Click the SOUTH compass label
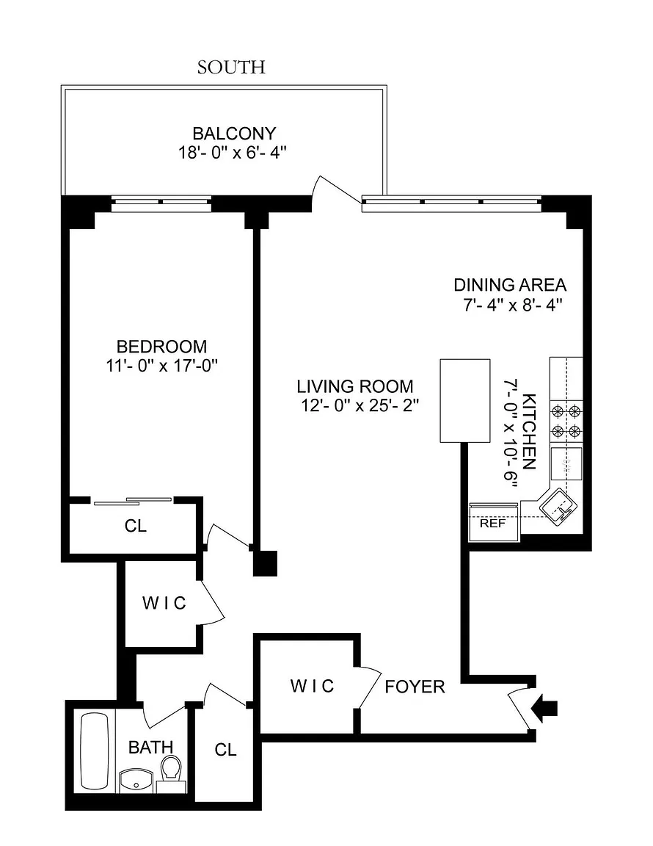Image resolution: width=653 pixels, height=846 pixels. coord(231,68)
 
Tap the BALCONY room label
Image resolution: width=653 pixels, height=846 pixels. coord(234,133)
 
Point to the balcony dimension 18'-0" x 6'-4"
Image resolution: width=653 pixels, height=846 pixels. coord(232,153)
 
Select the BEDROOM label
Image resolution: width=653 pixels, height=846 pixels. coord(161,346)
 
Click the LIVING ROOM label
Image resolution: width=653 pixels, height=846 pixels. coord(355,386)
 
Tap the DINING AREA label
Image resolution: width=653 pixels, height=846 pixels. coord(510,284)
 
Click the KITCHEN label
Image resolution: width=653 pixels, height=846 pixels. coord(530,432)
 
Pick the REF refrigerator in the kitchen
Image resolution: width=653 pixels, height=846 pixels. coord(493,522)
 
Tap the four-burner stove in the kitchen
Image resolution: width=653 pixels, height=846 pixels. coord(566,422)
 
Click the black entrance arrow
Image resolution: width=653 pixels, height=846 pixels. coord(544,708)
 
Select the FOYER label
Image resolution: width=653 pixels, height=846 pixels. coord(415,687)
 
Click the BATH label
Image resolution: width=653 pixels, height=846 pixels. coord(150,748)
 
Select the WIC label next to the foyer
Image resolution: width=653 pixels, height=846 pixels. coord(313,686)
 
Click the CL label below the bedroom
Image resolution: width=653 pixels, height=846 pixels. coord(135,526)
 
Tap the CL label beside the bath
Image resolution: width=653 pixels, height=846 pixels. coord(225,749)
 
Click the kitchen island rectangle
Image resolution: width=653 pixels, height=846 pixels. coord(465,401)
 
